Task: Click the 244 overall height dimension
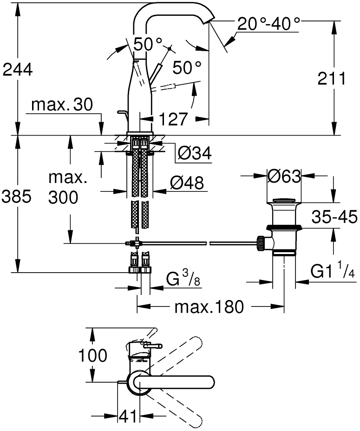[18, 70]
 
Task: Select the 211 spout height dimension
[332, 78]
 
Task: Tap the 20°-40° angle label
[268, 24]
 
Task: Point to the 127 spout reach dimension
[173, 119]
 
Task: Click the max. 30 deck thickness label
[62, 104]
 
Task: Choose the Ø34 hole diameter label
[195, 153]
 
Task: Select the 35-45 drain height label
[334, 217]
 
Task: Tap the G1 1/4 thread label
[333, 271]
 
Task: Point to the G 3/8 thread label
[183, 279]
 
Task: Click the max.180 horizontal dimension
[209, 307]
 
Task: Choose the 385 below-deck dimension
[17, 197]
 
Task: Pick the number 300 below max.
[63, 197]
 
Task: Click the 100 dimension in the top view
[92, 355]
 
